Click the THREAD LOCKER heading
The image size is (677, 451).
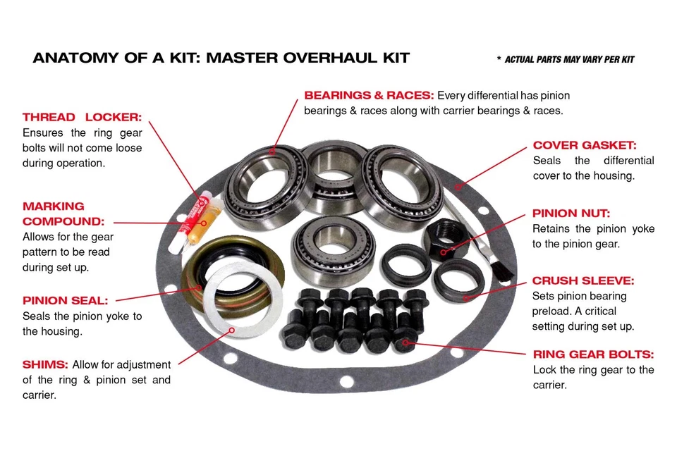tap(82, 117)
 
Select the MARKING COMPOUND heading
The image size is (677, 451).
tap(54, 214)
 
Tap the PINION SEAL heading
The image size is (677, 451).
tap(65, 300)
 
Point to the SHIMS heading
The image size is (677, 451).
tap(45, 364)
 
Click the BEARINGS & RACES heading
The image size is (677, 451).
tap(369, 95)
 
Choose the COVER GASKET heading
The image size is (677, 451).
tap(585, 145)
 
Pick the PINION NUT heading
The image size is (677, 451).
tap(571, 213)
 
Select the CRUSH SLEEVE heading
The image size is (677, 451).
tap(583, 280)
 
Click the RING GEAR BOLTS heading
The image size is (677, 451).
tap(593, 354)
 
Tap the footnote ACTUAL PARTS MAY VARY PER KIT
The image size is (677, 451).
tap(568, 59)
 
